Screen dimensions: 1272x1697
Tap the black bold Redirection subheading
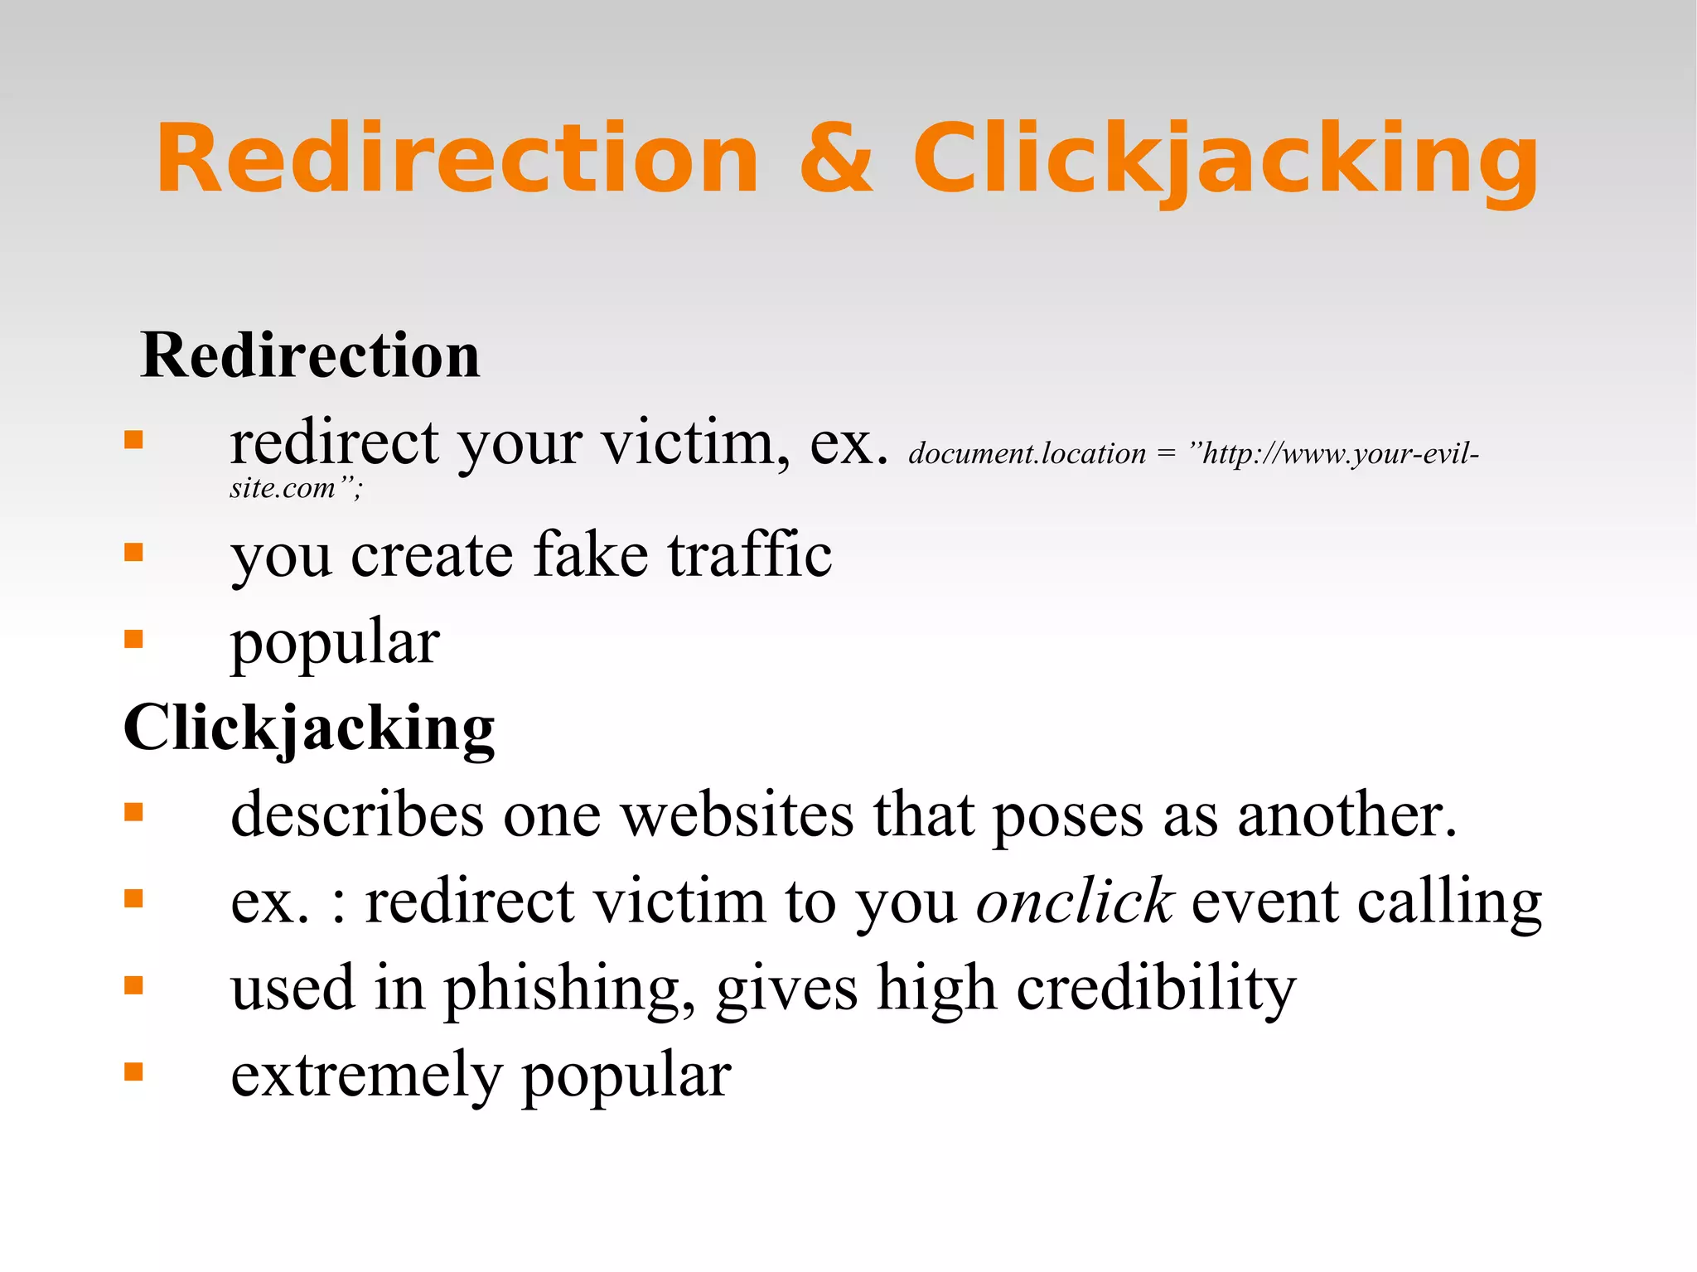311,355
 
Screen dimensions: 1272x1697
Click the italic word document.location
1027,454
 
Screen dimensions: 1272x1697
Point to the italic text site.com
283,488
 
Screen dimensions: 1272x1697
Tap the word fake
591,554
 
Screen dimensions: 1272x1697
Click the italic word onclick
1074,901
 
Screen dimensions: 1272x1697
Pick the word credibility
1156,989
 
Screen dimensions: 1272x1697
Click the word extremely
366,1076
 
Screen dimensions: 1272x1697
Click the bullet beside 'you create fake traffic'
133,553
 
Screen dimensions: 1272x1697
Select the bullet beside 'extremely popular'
133,1072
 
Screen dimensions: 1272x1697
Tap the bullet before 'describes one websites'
133,813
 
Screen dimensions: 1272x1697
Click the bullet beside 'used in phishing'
133,985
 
